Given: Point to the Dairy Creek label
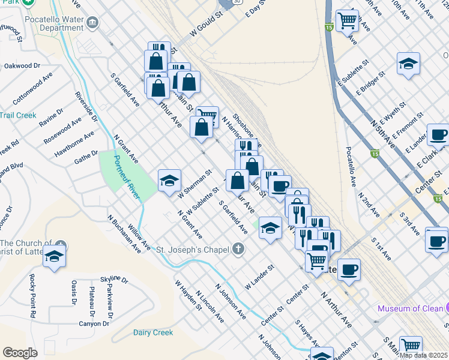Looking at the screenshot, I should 153,332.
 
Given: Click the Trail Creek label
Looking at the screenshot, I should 18,115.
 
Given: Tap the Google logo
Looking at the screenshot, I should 20,352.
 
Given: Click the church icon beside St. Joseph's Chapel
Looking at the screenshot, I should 238,248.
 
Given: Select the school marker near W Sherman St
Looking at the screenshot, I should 170,180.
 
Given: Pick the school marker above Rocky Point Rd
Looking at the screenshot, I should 55,256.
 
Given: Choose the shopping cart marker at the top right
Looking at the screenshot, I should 347,20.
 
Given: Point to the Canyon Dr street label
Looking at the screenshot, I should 94,324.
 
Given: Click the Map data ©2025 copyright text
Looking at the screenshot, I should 423,355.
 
